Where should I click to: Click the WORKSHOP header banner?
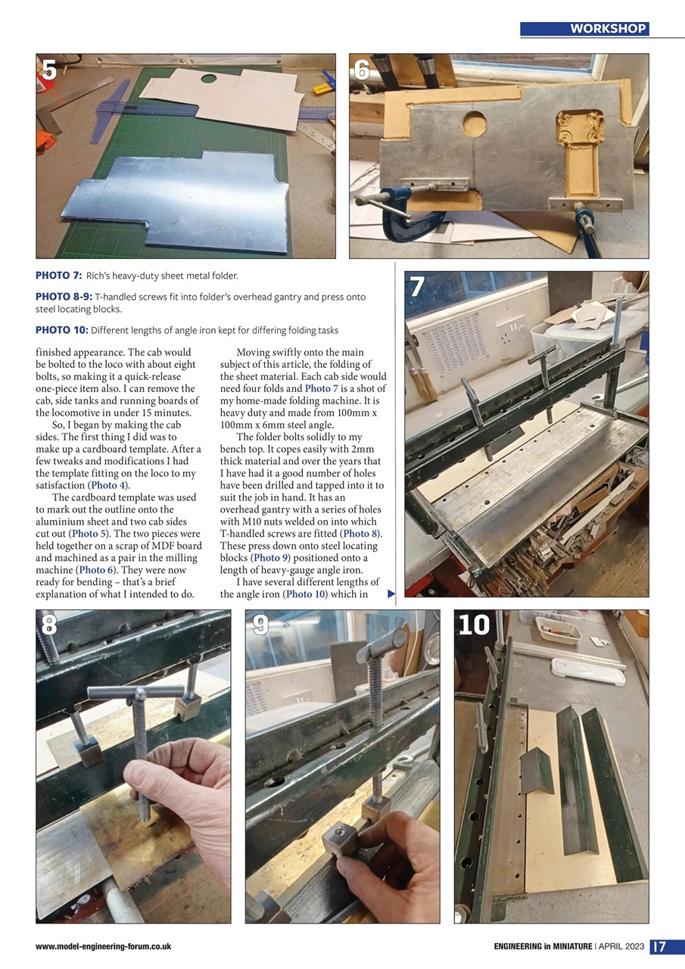584,29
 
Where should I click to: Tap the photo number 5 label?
49,70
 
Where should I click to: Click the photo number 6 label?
362,70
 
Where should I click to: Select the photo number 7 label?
417,287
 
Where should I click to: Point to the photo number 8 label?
49,625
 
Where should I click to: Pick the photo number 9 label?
260,625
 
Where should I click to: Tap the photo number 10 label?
475,625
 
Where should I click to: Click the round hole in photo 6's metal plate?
475,123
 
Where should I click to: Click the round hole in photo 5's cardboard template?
208,78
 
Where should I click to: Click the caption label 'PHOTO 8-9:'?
64,298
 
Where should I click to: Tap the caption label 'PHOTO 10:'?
62,330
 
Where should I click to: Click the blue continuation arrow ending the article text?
391,594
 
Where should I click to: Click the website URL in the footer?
103,947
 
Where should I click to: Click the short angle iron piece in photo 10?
537,771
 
